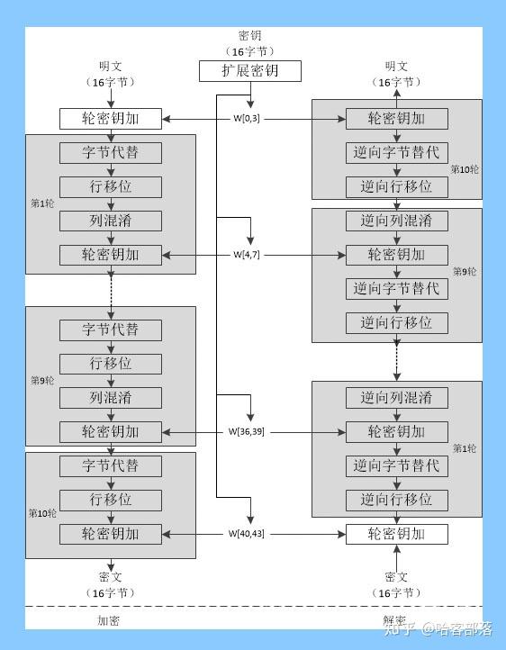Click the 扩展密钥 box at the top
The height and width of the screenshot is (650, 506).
click(249, 71)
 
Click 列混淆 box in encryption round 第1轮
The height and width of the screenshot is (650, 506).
click(111, 221)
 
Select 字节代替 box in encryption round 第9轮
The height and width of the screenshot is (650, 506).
click(111, 330)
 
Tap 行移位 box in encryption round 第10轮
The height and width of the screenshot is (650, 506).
click(111, 500)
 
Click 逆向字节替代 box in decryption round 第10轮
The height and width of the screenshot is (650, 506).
click(396, 152)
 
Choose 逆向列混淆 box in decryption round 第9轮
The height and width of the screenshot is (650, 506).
click(396, 221)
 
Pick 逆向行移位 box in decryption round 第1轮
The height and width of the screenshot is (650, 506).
click(396, 500)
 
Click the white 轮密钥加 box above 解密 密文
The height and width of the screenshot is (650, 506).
click(396, 534)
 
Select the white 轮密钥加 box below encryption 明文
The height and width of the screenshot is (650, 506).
click(111, 118)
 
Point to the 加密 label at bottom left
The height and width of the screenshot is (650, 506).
click(108, 620)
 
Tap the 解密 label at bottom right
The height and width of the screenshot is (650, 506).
click(394, 620)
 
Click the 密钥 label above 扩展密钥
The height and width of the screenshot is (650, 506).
click(249, 36)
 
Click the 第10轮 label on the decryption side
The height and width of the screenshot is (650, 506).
click(465, 168)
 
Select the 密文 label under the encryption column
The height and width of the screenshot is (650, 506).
click(111, 576)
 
